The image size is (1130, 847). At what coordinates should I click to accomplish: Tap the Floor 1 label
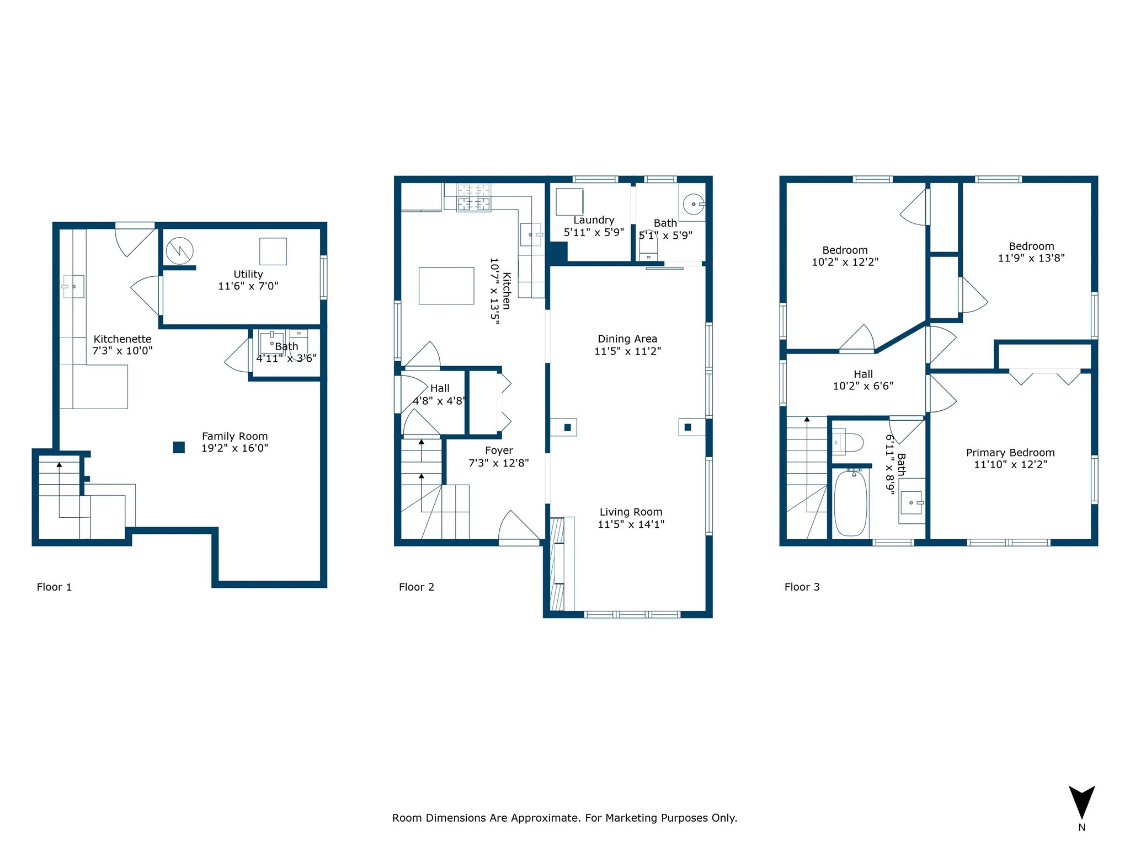(54, 587)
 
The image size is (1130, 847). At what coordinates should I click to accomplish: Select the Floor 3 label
(802, 587)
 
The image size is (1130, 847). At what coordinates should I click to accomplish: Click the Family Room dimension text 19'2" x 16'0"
(234, 448)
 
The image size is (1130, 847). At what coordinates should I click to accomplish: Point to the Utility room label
(248, 274)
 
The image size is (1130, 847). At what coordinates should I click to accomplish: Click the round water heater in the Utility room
(180, 251)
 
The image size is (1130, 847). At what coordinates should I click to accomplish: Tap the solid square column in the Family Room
(179, 447)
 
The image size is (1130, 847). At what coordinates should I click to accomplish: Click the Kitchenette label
(122, 339)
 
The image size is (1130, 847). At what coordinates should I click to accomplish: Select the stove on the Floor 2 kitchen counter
(473, 197)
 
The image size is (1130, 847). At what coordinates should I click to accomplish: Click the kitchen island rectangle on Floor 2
(446, 286)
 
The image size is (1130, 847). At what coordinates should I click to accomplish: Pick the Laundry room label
(594, 220)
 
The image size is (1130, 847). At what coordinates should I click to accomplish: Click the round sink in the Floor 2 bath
(694, 205)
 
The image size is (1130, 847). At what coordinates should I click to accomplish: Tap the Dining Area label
(627, 339)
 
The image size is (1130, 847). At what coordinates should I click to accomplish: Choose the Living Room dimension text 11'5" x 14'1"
(631, 524)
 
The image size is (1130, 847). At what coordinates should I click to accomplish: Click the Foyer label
(499, 451)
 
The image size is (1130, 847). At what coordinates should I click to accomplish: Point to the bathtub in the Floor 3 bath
(850, 502)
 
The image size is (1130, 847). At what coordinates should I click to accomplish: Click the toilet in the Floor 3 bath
(847, 443)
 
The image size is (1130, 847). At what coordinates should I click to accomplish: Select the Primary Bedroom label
(1010, 453)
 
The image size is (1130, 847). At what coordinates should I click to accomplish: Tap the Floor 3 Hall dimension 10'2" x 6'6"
(863, 386)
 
